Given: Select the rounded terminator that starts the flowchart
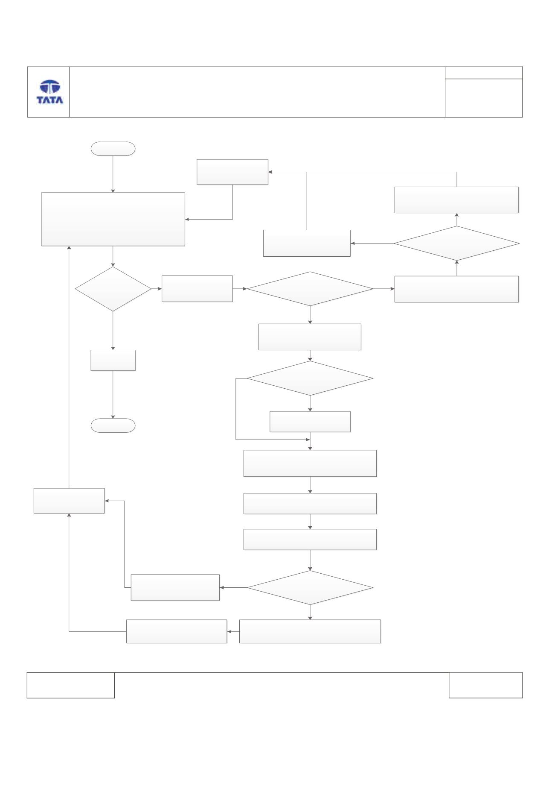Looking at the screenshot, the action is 113,148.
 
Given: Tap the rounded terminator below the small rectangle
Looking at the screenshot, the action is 113,426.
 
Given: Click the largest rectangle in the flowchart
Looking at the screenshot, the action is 113,219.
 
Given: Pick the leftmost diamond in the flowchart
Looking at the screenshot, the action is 113,289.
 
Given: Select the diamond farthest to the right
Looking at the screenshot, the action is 456,243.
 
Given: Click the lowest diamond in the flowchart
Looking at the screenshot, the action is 310,588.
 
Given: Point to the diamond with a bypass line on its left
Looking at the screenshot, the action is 310,378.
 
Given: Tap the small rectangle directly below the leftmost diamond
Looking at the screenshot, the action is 113,361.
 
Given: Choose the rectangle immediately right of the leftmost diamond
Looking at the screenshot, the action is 197,289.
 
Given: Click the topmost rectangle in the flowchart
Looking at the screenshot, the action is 232,172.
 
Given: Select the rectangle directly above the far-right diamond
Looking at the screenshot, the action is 456,200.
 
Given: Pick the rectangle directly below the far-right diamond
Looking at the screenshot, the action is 456,289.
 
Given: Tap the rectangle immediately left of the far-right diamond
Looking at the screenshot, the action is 307,243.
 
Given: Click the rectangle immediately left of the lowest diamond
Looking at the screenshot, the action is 175,588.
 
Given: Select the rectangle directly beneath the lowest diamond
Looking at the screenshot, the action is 310,631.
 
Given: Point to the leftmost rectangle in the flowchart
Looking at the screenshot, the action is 69,501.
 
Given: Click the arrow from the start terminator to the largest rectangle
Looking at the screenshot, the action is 113,174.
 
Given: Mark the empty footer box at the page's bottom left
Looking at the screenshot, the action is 71,685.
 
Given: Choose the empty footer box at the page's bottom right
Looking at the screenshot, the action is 485,685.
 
